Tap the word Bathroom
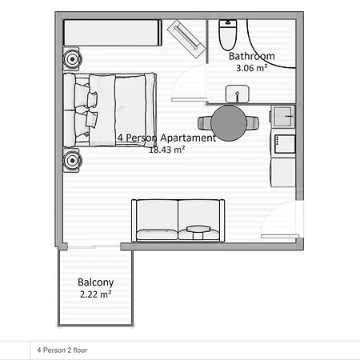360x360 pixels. point(252,57)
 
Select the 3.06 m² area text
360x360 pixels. point(251,69)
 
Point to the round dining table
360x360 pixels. point(229,122)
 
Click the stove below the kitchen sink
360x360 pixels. point(283,143)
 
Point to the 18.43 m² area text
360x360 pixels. point(167,149)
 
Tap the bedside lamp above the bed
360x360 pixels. point(73,58)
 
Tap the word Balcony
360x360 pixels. point(95,282)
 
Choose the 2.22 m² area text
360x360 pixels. point(95,294)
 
